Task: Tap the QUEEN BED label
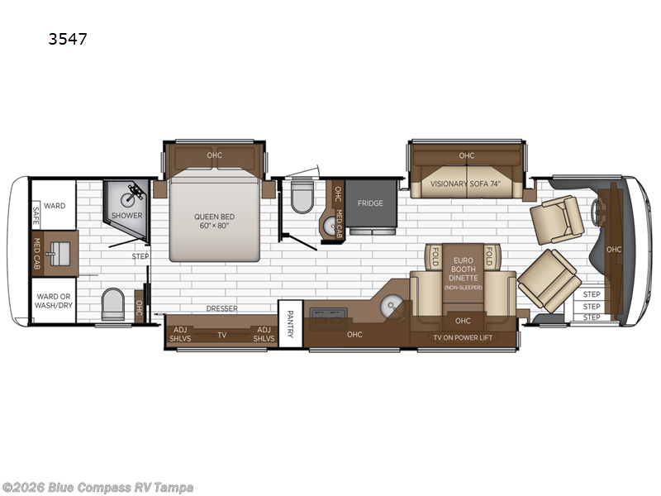(214, 220)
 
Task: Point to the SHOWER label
(128, 216)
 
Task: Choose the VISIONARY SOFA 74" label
(468, 184)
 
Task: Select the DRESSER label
(221, 308)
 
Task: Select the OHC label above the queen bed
(214, 155)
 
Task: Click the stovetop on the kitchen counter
(330, 313)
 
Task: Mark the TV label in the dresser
(221, 335)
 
